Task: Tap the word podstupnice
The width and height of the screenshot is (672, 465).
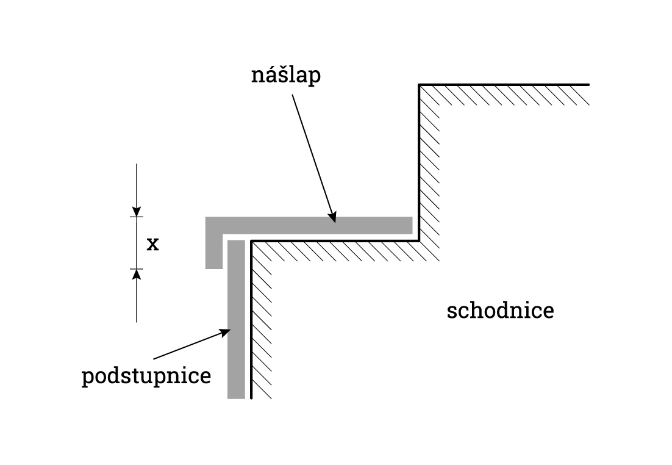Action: click(146, 376)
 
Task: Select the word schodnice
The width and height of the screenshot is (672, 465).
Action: click(500, 311)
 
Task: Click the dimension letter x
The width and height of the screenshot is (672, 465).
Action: click(152, 245)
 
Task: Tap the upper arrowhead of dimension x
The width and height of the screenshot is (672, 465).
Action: click(137, 212)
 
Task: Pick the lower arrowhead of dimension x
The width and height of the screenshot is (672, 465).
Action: click(137, 273)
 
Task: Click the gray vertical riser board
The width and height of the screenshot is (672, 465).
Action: click(236, 317)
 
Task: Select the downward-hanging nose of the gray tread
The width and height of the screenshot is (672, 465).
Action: click(213, 253)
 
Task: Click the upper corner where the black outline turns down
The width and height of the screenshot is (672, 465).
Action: click(419, 84)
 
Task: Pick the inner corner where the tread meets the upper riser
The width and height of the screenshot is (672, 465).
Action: click(419, 240)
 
